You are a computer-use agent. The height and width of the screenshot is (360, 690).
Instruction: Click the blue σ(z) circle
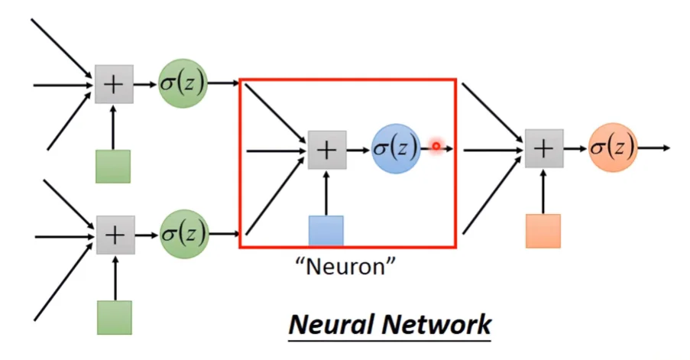point(396,147)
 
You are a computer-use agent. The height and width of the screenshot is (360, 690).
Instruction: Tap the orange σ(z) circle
point(613,147)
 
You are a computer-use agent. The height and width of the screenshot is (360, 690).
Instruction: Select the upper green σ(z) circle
point(182,83)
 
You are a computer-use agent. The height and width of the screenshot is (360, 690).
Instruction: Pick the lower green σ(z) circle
point(182,233)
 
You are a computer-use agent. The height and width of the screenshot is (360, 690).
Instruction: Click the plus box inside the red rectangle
point(326,150)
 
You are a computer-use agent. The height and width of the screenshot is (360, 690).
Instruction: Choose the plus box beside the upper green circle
point(114,84)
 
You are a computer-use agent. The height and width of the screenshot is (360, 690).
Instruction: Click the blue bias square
point(326,231)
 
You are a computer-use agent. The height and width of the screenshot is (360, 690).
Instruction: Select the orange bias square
point(543,230)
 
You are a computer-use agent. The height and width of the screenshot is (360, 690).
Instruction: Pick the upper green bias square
point(113,166)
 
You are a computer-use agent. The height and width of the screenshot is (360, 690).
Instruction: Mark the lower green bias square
point(114,317)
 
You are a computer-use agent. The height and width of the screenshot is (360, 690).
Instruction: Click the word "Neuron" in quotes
point(346,268)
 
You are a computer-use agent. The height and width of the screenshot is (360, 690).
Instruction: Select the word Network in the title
point(438,325)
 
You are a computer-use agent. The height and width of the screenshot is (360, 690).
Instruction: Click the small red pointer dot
point(436,146)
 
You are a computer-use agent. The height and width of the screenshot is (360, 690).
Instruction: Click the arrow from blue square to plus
point(326,193)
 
